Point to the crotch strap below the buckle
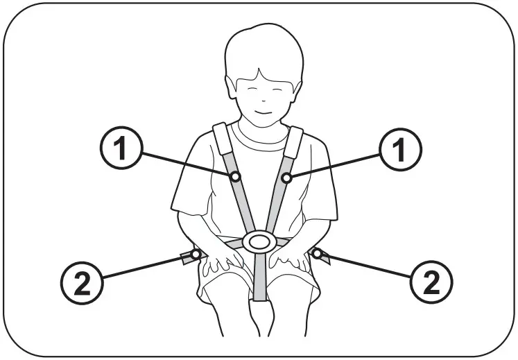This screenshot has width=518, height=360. (259, 277)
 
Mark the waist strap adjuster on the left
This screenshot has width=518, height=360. (187, 258)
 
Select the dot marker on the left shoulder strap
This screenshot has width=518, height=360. (235, 178)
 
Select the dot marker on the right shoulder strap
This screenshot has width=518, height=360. (285, 178)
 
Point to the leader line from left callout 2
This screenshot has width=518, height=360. (146, 267)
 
